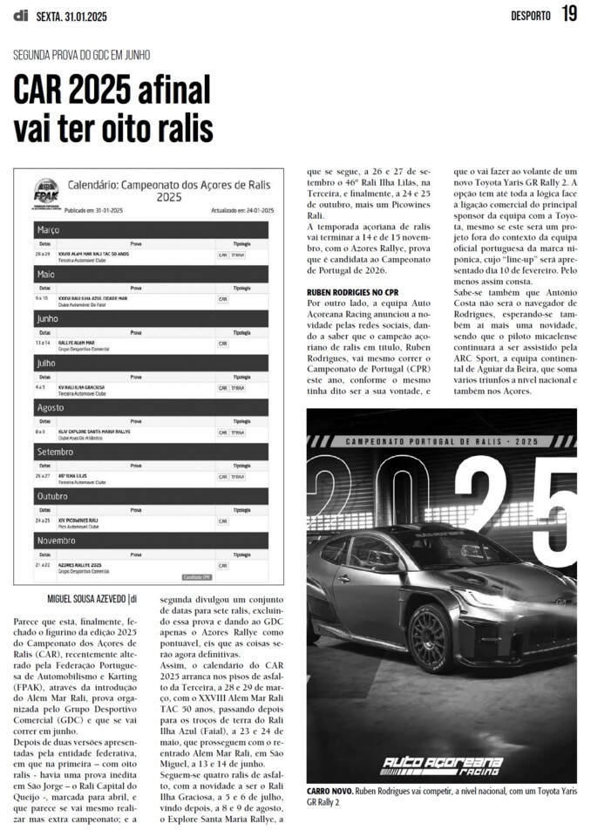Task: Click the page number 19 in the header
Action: pyautogui.click(x=569, y=14)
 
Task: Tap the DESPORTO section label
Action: pyautogui.click(x=531, y=16)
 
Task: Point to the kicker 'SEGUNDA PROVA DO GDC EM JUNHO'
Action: pyautogui.click(x=82, y=54)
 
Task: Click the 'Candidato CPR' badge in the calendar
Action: pyautogui.click(x=197, y=576)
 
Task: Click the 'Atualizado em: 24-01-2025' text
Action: pyautogui.click(x=242, y=210)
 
